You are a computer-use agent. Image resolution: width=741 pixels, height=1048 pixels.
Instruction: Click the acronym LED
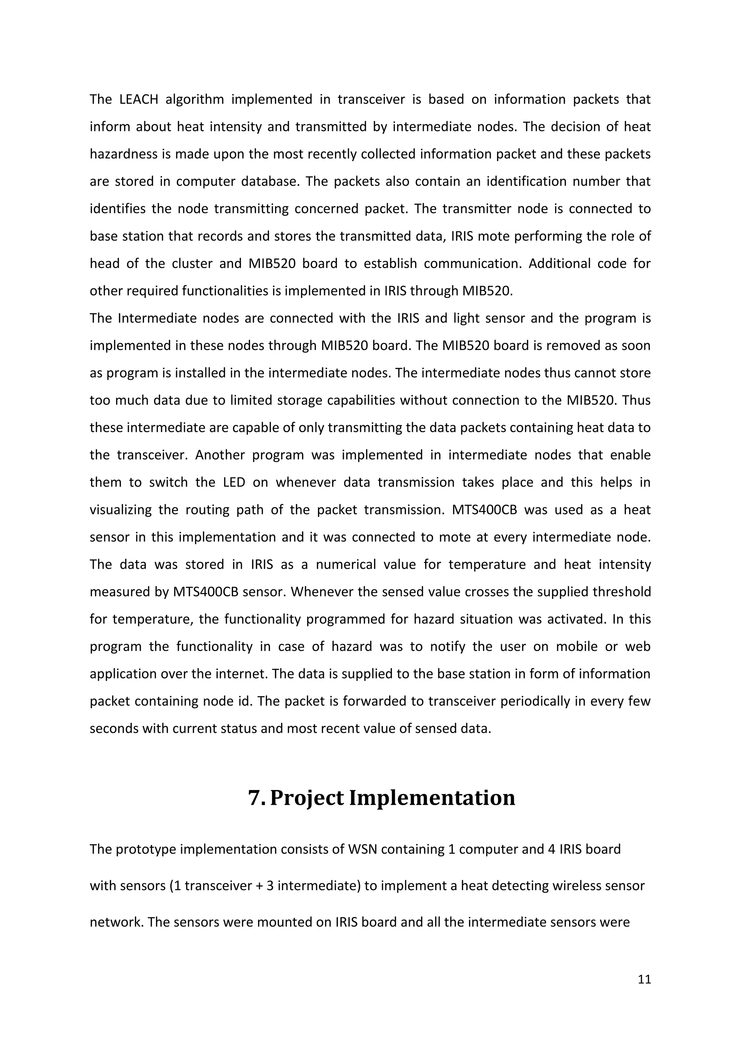pos(234,482)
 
